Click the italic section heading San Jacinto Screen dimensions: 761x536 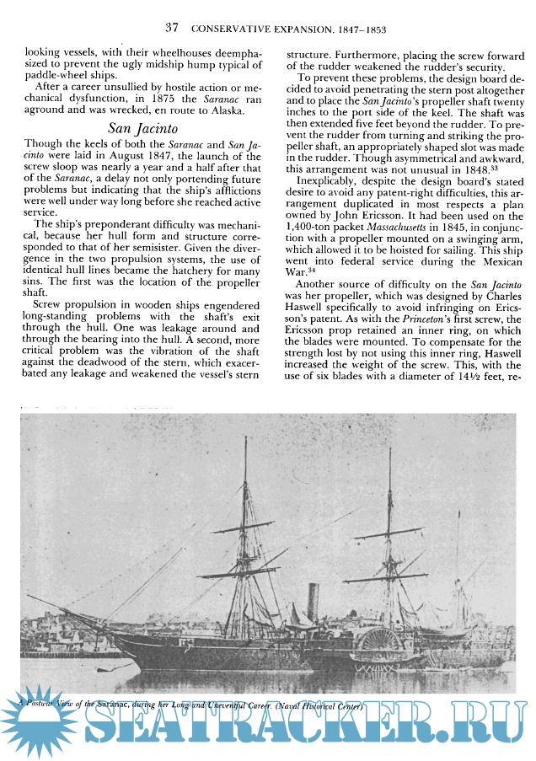143,129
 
